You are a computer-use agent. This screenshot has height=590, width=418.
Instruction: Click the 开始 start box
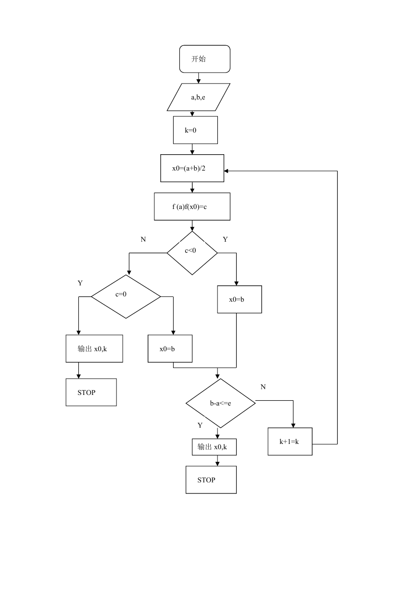click(204, 59)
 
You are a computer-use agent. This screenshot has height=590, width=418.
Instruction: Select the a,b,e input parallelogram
click(198, 97)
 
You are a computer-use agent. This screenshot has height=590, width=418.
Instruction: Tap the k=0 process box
click(195, 130)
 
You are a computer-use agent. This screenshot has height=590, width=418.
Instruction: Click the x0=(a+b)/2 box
click(192, 168)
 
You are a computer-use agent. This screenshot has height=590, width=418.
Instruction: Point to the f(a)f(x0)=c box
click(192, 207)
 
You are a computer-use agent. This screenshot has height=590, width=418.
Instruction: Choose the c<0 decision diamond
click(192, 253)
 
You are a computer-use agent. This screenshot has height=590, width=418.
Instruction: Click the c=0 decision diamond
click(126, 296)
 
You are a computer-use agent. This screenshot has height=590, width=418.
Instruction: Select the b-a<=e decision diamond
click(220, 403)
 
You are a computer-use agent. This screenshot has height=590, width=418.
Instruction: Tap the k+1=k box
click(290, 442)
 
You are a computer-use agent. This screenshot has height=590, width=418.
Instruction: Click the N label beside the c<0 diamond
click(143, 239)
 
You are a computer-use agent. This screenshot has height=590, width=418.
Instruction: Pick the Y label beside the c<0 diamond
click(225, 239)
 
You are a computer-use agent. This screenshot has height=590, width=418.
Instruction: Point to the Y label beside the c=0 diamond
click(80, 283)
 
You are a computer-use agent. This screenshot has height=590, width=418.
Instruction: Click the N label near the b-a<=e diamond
click(263, 387)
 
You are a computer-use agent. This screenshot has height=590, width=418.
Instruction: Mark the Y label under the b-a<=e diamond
click(200, 425)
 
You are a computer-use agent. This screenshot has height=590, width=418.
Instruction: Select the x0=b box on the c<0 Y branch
click(240, 299)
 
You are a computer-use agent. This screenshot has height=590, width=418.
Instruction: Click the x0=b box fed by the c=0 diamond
click(170, 348)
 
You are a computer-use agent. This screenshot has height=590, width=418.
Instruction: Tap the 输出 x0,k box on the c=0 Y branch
click(94, 348)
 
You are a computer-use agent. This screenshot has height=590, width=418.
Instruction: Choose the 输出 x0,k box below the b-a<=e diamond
click(214, 447)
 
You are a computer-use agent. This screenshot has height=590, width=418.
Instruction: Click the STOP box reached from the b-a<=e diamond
click(211, 479)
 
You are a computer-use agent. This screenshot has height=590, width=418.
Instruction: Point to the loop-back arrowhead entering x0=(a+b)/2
click(226, 171)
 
